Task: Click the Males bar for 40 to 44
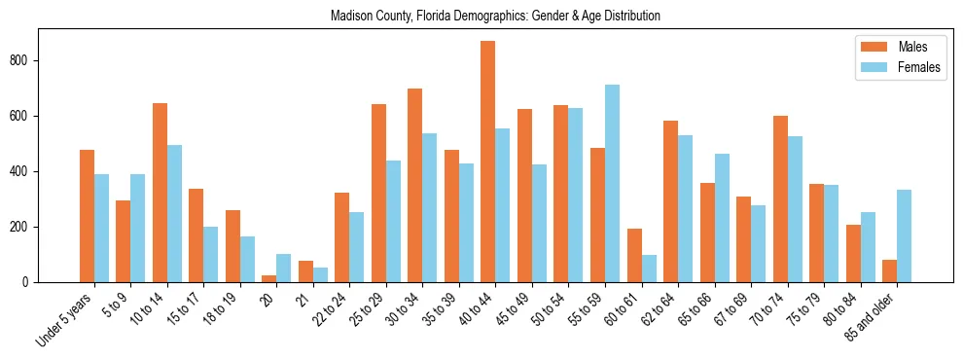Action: tap(488, 162)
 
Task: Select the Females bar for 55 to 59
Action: tap(612, 184)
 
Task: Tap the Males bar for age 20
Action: tap(269, 278)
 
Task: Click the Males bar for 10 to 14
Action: tap(160, 193)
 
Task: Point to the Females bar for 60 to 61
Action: tap(649, 269)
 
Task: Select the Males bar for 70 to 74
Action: tap(780, 199)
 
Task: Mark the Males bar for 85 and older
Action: tap(889, 271)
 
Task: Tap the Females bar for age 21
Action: tap(320, 275)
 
